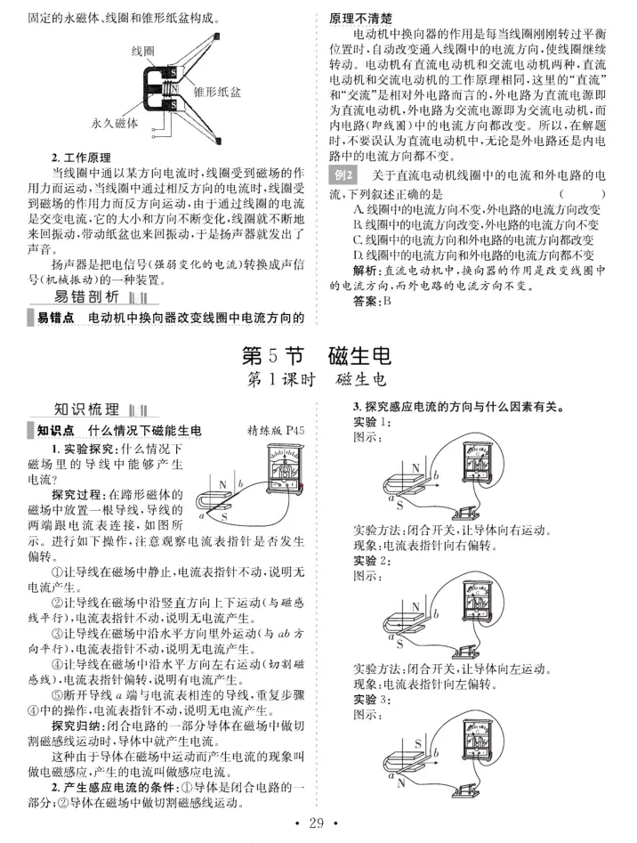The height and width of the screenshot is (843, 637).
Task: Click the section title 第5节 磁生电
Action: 317,356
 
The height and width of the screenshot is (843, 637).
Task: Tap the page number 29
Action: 317,823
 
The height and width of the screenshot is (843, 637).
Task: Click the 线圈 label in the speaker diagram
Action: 143,51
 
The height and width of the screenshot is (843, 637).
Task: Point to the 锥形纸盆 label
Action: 217,92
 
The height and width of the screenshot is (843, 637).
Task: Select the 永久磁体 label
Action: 115,123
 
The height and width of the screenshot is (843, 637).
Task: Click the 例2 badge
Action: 343,175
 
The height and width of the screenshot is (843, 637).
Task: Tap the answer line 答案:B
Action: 372,301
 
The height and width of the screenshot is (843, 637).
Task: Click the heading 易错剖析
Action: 87,296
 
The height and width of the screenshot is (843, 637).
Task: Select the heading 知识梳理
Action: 87,409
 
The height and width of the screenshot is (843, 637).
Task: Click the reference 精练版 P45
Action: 276,430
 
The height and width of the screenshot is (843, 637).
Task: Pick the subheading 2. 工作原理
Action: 81,158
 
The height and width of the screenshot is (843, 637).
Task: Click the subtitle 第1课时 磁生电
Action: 317,379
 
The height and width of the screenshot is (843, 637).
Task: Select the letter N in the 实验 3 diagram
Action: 401,782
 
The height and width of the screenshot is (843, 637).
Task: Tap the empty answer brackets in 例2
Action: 582,193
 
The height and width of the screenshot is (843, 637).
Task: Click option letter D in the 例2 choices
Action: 358,255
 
